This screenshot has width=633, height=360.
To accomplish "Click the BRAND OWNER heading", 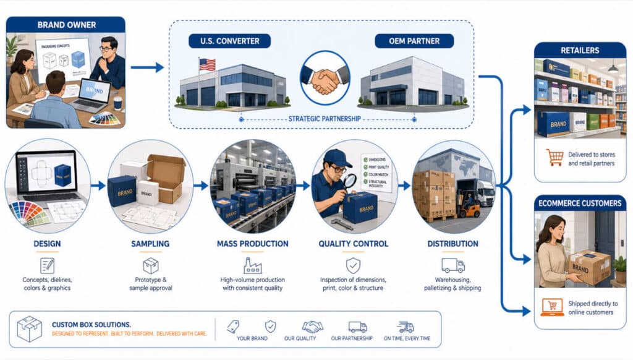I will pyautogui.click(x=66, y=25).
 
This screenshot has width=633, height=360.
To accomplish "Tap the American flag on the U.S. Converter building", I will pyautogui.click(x=207, y=64).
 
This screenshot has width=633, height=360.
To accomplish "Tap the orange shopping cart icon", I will pyautogui.click(x=554, y=157).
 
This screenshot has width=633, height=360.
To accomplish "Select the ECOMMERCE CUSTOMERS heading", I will pyautogui.click(x=579, y=202).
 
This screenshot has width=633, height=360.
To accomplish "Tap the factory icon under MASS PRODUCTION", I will pyautogui.click(x=253, y=265).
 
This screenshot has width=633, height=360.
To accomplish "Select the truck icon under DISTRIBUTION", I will pyautogui.click(x=453, y=265).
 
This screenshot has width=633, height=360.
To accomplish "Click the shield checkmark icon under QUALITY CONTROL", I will pyautogui.click(x=353, y=265).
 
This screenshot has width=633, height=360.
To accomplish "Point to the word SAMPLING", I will pyautogui.click(x=151, y=244).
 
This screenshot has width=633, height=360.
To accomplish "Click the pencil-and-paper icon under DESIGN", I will pyautogui.click(x=48, y=265).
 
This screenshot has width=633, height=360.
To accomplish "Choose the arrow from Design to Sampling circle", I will pyautogui.click(x=98, y=185).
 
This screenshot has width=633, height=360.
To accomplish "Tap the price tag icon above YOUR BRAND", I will pyautogui.click(x=234, y=326).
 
